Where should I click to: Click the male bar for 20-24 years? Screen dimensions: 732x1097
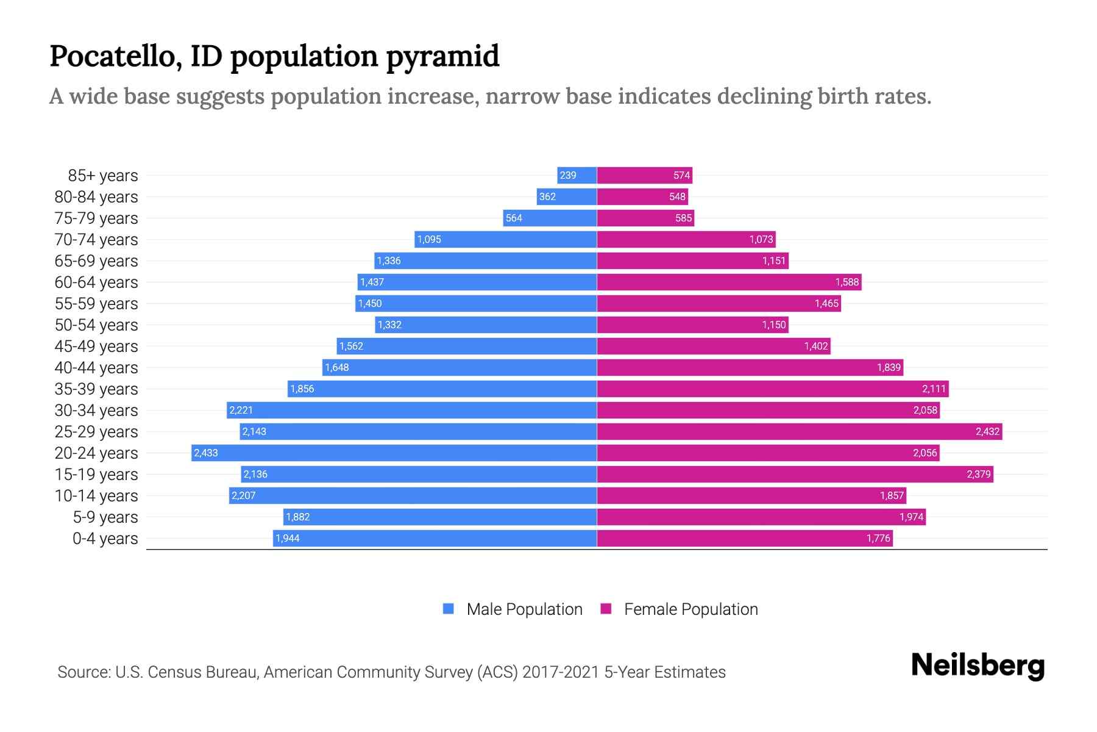(394, 453)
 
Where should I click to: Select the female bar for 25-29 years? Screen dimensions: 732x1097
(799, 431)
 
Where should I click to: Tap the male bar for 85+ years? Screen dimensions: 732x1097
(577, 175)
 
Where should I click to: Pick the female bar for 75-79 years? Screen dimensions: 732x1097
(645, 218)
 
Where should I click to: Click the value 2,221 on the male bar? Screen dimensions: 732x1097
(241, 411)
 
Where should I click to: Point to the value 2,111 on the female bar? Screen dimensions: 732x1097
(934, 389)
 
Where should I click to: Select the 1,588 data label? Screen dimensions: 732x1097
(847, 282)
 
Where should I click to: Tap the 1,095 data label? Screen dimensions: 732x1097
(429, 240)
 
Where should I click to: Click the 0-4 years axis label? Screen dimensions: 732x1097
(105, 539)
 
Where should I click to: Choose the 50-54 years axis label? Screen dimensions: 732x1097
(96, 325)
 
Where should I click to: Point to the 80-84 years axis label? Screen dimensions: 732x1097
(96, 197)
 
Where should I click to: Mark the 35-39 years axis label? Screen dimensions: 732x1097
(96, 389)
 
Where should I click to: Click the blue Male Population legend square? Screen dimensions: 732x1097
(449, 609)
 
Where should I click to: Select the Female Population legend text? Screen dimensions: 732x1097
(691, 609)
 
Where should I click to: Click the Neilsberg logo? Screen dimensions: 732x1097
(978, 666)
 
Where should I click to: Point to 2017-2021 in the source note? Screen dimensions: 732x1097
(561, 672)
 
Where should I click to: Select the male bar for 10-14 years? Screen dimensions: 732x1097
(413, 495)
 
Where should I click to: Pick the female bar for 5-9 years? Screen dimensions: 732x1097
(761, 517)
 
